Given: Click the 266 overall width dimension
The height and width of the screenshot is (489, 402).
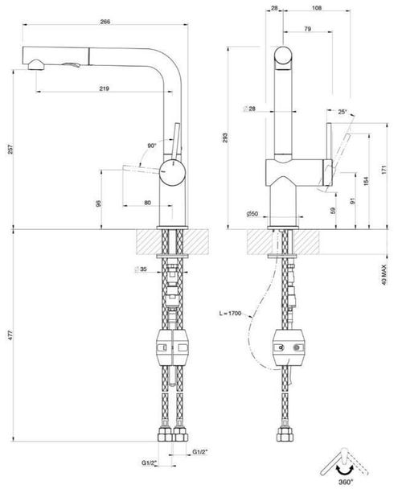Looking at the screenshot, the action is tap(105, 22).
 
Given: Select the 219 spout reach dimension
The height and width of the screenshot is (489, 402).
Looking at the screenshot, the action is tap(105, 88).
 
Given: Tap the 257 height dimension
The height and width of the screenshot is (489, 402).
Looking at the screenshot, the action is tap(10, 150).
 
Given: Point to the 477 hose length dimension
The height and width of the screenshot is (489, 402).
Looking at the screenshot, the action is tap(10, 335).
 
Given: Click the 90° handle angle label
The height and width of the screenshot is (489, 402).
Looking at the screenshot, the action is tap(152, 146).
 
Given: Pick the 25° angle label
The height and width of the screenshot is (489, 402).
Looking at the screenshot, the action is tap(343, 112).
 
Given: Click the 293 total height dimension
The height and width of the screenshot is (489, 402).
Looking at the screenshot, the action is tap(225, 138).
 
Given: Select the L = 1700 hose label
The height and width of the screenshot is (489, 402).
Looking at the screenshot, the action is tap(230, 313).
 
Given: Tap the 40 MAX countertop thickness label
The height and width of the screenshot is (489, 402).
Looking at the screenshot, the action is tap(384, 275).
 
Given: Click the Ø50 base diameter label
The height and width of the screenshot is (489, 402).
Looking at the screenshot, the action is tap(252, 214).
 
